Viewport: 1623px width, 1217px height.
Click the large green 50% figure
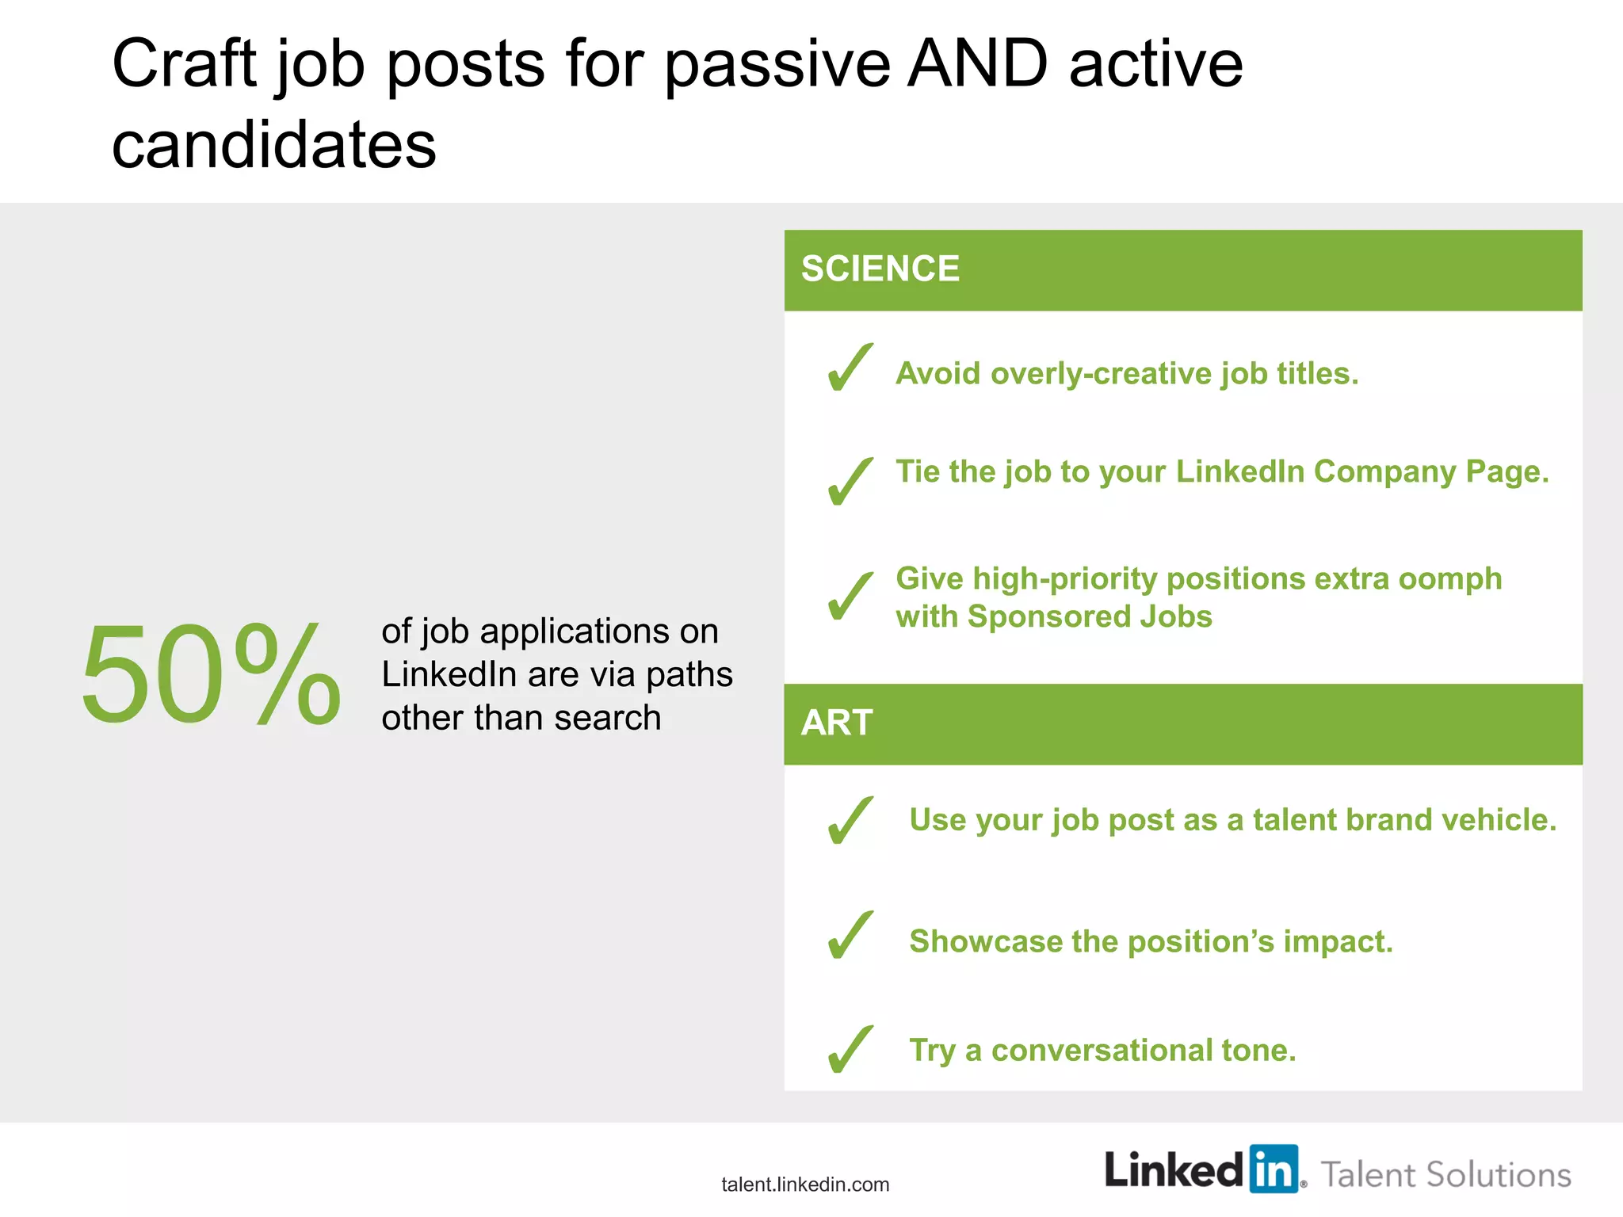click(x=211, y=674)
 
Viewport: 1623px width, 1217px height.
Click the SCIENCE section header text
click(x=880, y=269)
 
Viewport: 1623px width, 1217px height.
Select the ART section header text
click(x=836, y=723)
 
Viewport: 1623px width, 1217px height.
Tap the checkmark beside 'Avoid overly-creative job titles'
click(x=850, y=368)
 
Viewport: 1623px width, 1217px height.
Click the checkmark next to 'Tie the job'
click(x=850, y=482)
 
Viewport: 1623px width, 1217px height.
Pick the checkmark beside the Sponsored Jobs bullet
click(x=850, y=596)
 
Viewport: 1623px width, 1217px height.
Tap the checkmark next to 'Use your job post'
click(x=850, y=821)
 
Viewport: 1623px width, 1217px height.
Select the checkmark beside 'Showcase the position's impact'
click(x=850, y=935)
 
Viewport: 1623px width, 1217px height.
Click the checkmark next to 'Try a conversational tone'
click(x=850, y=1049)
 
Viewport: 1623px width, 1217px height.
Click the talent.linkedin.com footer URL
click(x=805, y=1185)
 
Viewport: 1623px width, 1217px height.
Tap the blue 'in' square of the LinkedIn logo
click(x=1274, y=1169)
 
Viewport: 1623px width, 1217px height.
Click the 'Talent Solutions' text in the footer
click(x=1445, y=1175)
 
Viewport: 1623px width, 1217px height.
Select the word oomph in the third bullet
click(x=1449, y=580)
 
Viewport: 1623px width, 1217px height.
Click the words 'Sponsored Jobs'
click(x=1090, y=616)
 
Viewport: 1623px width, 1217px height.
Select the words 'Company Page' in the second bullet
click(x=1430, y=471)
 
